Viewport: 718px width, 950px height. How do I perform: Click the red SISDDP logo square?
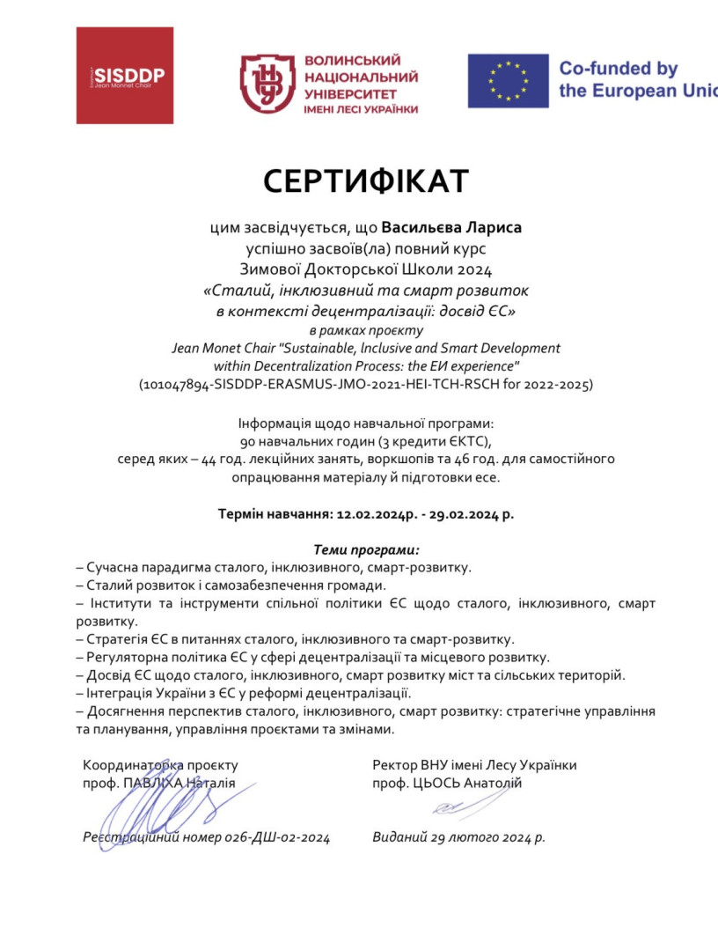(124, 76)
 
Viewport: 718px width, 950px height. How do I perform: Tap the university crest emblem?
(267, 84)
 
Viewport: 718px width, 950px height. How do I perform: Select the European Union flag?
(508, 81)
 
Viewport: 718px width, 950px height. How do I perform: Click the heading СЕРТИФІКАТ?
(365, 180)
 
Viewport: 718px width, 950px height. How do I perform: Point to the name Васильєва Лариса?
(451, 227)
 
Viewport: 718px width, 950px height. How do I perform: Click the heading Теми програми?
(366, 549)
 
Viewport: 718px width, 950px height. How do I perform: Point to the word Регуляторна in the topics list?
(121, 657)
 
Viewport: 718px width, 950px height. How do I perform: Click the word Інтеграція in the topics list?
(116, 693)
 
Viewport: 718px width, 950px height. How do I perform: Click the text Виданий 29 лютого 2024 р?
(458, 837)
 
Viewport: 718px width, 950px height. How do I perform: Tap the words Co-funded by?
(619, 69)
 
